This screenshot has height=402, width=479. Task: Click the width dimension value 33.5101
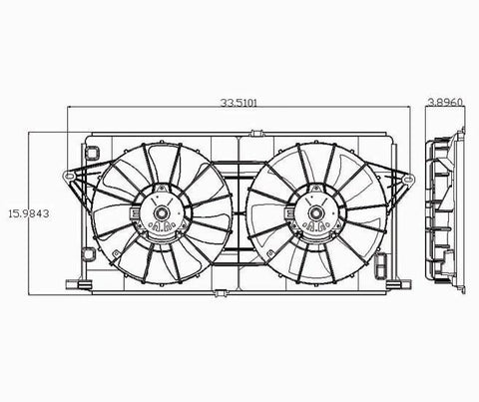click(x=239, y=103)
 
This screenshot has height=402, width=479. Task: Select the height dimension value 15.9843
click(x=29, y=213)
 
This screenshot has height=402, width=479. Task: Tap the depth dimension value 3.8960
click(x=445, y=102)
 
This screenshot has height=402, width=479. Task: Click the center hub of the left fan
click(x=162, y=212)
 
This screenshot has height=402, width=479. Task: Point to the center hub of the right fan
click(x=315, y=212)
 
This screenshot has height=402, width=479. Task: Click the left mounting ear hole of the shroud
click(x=69, y=176)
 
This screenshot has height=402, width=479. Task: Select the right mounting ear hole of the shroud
click(x=409, y=180)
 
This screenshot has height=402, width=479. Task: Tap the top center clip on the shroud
click(x=256, y=134)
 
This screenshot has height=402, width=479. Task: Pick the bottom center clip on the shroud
click(x=220, y=293)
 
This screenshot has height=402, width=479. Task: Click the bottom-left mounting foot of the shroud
click(x=79, y=284)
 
